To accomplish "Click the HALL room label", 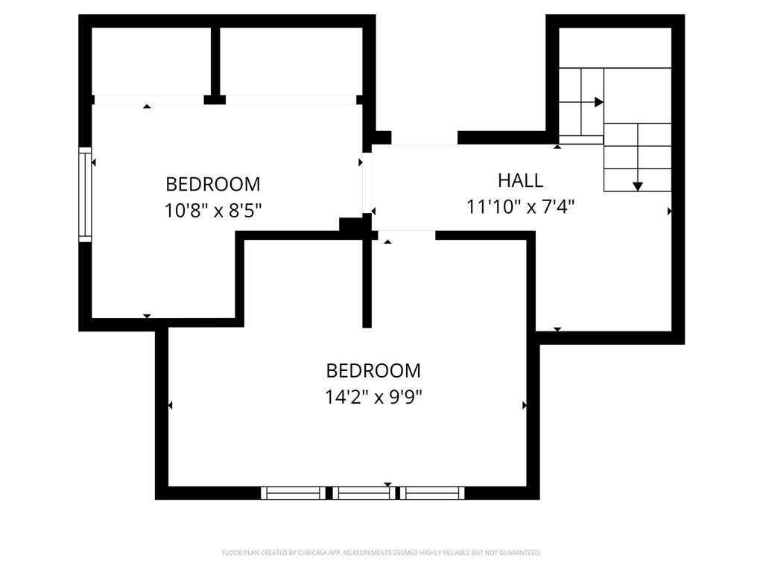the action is click(520, 180).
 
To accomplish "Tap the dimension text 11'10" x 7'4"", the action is click(520, 207).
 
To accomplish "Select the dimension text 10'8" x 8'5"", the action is click(213, 211).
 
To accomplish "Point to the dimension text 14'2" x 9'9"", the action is click(373, 397).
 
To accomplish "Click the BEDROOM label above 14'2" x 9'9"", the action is click(373, 371).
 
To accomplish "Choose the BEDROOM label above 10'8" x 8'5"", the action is click(213, 185).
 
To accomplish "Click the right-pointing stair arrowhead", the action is click(599, 102).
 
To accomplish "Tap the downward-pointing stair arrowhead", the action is click(638, 186).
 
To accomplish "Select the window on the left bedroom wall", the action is click(85, 194).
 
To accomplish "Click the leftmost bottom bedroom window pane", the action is click(293, 493).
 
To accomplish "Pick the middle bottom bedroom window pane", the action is click(364, 493).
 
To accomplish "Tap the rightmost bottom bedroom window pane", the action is click(432, 493).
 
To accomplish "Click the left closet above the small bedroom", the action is click(151, 61).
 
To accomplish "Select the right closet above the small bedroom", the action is click(291, 61).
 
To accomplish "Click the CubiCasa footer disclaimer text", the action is click(381, 553).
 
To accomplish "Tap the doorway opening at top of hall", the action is click(424, 138).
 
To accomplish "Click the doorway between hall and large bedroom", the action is click(406, 235).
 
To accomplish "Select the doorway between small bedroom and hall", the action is click(367, 182).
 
